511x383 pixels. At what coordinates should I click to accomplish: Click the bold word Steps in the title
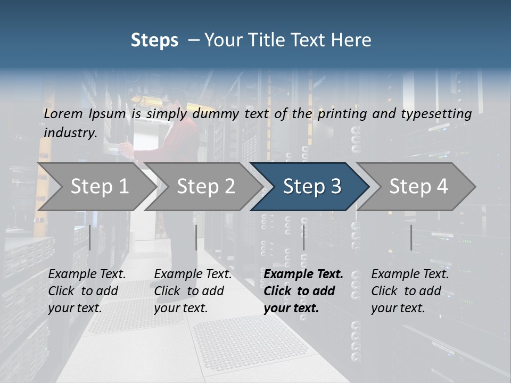coord(154,40)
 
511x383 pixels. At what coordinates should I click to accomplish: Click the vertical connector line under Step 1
coord(90,237)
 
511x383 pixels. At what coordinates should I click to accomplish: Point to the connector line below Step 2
coord(196,237)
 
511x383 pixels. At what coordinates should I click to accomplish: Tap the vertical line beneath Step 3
coord(303,237)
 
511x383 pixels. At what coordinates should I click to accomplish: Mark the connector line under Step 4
coord(411,237)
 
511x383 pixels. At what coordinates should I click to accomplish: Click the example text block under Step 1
coord(87,291)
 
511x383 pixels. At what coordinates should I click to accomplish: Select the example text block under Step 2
coord(193,291)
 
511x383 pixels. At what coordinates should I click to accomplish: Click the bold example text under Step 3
coord(303,291)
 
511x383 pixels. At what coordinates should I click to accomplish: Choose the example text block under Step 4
coord(410,291)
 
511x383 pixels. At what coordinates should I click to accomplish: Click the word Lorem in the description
coord(63,114)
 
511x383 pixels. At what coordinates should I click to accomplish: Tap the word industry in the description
coord(70,133)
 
